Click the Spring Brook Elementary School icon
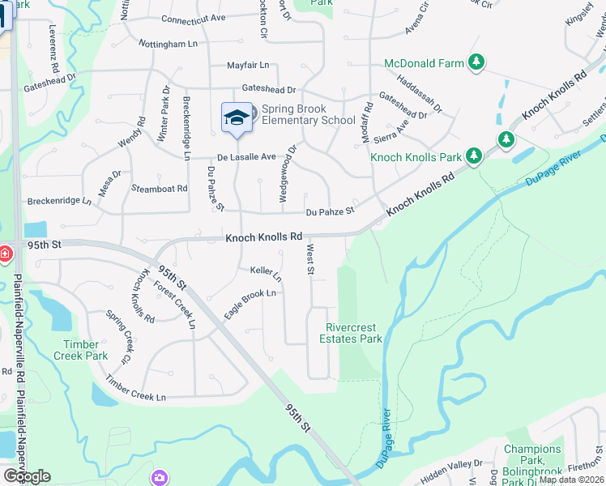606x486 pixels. (x=237, y=118)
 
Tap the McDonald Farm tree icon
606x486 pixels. (x=477, y=62)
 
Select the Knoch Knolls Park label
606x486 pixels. (x=416, y=156)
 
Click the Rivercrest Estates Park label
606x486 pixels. (x=353, y=333)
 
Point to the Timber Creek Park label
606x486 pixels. (x=80, y=350)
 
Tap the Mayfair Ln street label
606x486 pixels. (x=247, y=65)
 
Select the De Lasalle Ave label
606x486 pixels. (x=246, y=156)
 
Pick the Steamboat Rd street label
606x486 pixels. (x=159, y=188)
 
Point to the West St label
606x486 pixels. (x=309, y=261)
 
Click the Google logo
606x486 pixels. (x=27, y=476)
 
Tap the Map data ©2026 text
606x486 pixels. (x=571, y=480)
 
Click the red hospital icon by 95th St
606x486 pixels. (x=4, y=254)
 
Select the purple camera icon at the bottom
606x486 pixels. (x=160, y=478)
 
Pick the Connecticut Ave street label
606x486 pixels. (x=193, y=18)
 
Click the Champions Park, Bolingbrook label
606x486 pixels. (x=531, y=465)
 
